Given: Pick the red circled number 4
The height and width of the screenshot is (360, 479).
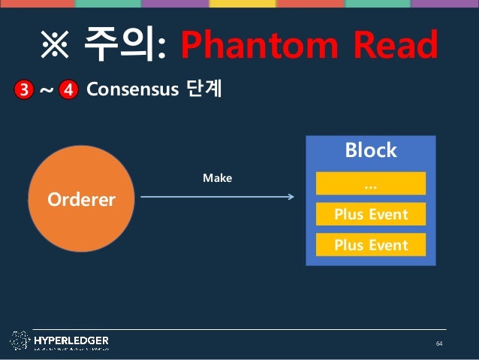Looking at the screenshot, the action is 68,90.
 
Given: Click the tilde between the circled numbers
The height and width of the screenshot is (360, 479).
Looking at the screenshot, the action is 46,91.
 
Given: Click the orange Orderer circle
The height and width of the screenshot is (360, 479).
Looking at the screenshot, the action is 82,199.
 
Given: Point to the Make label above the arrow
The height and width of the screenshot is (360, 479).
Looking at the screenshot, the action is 217,178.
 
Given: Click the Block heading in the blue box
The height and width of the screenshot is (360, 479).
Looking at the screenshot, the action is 370,150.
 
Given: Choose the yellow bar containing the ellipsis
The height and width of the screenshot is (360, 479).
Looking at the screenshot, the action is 370,183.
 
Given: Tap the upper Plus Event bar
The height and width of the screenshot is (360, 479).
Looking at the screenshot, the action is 370,214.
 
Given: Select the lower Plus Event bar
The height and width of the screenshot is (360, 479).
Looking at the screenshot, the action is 370,244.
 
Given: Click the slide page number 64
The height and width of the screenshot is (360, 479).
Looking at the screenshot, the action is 440,343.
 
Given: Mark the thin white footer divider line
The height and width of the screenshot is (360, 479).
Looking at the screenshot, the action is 240,329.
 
